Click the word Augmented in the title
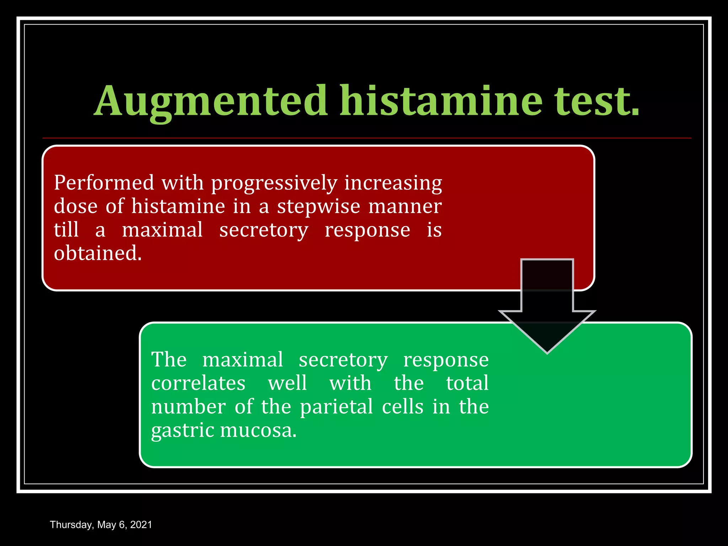210,101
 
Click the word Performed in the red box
104,183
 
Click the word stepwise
318,207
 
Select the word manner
405,207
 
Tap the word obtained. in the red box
98,253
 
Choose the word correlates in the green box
198,383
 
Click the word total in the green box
467,383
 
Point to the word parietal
336,407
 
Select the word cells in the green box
403,407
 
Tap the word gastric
182,431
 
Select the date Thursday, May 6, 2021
101,525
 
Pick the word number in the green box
188,407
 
